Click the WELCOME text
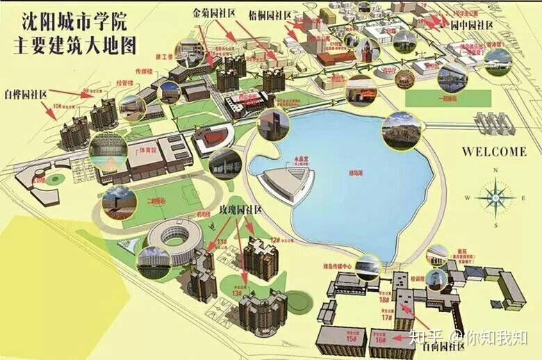click(x=495, y=151)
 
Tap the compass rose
click(x=495, y=197)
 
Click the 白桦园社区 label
click(x=27, y=93)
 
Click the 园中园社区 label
click(x=472, y=25)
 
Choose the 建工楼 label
click(x=164, y=56)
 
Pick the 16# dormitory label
click(x=379, y=341)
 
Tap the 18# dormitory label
click(x=384, y=300)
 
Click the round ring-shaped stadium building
click(x=174, y=236)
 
